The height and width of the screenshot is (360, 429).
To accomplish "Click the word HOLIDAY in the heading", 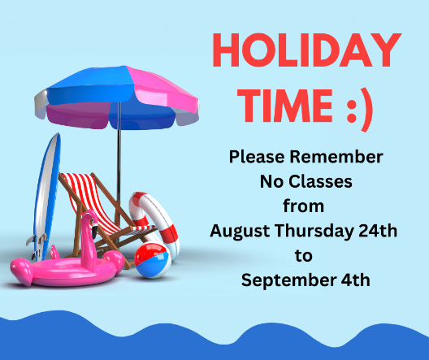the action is [x=307, y=50].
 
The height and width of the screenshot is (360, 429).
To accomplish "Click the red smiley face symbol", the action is [x=359, y=110].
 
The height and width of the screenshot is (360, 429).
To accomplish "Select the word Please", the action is [x=257, y=158].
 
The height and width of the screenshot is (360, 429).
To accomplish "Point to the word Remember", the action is [x=336, y=157].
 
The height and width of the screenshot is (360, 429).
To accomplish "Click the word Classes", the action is [x=320, y=182].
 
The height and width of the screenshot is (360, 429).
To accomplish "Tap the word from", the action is [x=303, y=206].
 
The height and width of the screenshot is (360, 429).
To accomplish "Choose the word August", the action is [x=240, y=231].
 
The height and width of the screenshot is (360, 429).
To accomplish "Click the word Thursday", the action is [x=314, y=231].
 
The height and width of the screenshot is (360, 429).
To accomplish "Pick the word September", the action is [x=288, y=280].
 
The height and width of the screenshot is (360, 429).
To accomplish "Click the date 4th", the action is [x=355, y=280].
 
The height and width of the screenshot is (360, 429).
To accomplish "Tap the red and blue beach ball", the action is [x=152, y=260].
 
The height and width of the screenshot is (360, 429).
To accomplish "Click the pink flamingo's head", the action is [x=90, y=219].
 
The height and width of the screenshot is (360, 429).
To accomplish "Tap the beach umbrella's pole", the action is [x=119, y=154].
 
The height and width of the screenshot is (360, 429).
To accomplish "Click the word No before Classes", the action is [x=271, y=182].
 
